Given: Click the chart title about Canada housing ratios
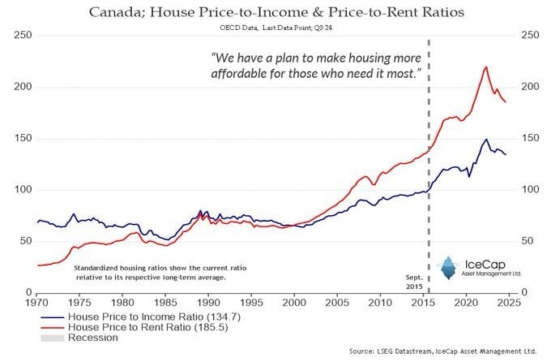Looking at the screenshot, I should pos(276,11).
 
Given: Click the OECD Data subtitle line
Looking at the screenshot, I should pos(276,28).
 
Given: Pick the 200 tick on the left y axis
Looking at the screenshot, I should pos(23,87).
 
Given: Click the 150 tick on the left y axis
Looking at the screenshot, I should pos(23,139).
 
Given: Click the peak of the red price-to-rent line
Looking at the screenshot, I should pos(485,67).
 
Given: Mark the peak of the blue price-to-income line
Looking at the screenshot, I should pos(485,139).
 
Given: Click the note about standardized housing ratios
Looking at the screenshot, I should pos(150,271).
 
